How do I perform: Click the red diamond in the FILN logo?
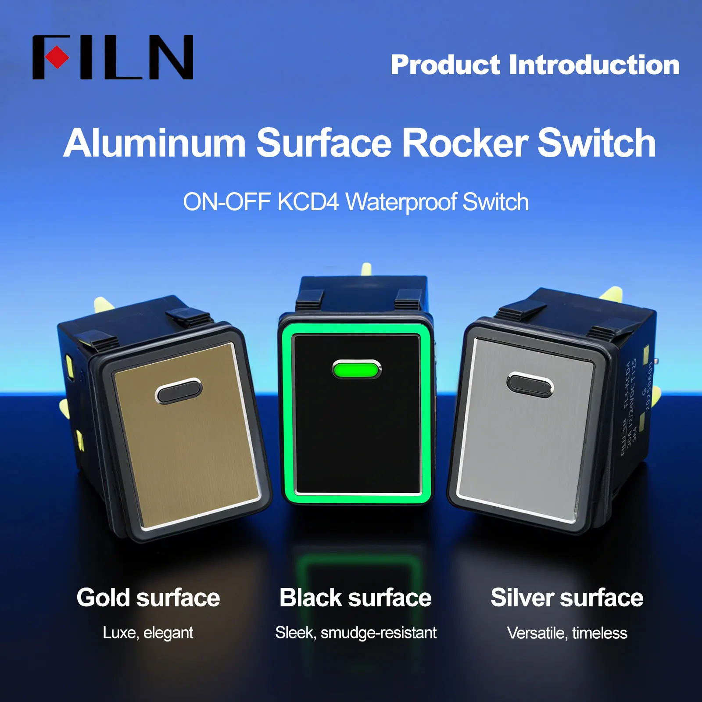pyautogui.click(x=57, y=57)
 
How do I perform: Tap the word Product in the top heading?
pyautogui.click(x=445, y=65)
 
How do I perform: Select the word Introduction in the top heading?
pyautogui.click(x=594, y=65)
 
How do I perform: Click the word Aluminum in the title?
pyautogui.click(x=154, y=143)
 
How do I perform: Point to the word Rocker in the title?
pyautogui.click(x=465, y=143)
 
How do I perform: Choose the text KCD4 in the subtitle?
pyautogui.click(x=308, y=202)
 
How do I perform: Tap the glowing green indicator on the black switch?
pyautogui.click(x=356, y=369)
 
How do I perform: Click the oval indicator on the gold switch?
pyautogui.click(x=179, y=390)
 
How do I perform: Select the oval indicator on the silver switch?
pyautogui.click(x=530, y=384)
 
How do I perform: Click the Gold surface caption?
pyautogui.click(x=148, y=598)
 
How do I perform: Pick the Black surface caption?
pyautogui.click(x=355, y=598)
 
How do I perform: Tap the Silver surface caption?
pyautogui.click(x=567, y=598)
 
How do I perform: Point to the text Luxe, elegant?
pyautogui.click(x=148, y=633)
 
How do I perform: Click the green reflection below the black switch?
pyautogui.click(x=356, y=570)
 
